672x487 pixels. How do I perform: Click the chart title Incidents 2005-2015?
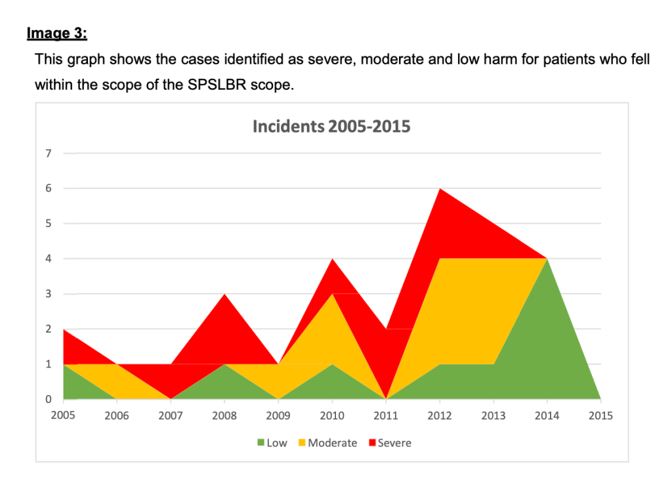tap(331, 126)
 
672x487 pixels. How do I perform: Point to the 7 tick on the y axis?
tap(48, 154)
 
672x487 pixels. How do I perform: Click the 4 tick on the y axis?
tap(48, 259)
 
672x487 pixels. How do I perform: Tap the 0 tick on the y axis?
tap(48, 399)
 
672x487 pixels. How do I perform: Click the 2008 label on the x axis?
tap(224, 416)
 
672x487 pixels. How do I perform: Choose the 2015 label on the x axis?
tap(600, 416)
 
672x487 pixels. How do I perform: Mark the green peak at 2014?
tap(547, 261)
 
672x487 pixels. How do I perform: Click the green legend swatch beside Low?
tap(260, 443)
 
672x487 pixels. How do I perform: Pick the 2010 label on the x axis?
tap(332, 416)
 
